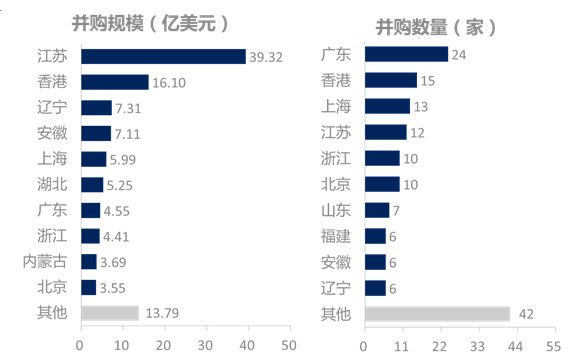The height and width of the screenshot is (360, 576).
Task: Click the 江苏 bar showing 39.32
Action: (x=162, y=56)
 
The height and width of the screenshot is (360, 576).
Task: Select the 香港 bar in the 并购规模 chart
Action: (x=114, y=82)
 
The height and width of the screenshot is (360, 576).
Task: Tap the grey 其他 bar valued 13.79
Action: (x=109, y=314)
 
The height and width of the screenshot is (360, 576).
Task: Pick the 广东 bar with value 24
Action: (x=406, y=54)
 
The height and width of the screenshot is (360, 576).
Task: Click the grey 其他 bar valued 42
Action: (x=437, y=314)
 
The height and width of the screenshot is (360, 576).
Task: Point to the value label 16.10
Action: (x=167, y=82)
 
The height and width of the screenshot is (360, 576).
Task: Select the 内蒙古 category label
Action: (x=45, y=262)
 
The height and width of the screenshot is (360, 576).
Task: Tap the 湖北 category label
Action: (x=52, y=185)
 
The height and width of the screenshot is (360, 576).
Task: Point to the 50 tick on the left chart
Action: (x=289, y=345)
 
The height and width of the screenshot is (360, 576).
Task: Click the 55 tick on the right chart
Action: (x=551, y=345)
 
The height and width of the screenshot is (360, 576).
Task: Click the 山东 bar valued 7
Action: (x=376, y=210)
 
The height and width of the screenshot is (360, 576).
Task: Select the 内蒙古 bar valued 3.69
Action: (x=88, y=262)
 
